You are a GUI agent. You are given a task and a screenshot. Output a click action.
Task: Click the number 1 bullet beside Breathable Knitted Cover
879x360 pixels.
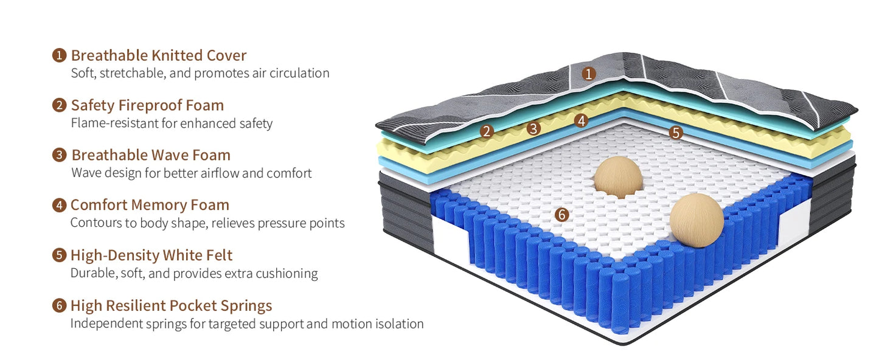click(59, 55)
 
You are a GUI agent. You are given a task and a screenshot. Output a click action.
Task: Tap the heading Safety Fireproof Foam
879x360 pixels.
click(147, 105)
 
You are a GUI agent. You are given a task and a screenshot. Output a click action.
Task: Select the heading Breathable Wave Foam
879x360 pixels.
click(151, 155)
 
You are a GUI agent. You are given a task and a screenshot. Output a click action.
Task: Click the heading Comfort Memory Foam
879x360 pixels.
click(150, 205)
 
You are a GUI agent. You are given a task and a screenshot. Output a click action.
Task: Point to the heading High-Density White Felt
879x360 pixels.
click(151, 255)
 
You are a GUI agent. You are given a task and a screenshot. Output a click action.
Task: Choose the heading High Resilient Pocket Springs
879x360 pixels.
click(171, 305)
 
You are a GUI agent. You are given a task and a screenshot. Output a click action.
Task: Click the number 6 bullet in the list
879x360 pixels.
click(59, 305)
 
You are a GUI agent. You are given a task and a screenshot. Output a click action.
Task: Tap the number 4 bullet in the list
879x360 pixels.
click(59, 205)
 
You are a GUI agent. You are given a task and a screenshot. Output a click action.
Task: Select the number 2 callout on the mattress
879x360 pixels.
click(485, 131)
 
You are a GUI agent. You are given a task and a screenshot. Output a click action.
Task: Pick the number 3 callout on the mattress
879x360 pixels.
click(533, 128)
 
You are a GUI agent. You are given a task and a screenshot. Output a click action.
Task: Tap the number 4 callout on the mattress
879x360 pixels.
click(581, 120)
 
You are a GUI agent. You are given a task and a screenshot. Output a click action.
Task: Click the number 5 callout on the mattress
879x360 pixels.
click(676, 132)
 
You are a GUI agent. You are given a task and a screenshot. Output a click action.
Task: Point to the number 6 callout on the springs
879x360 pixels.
click(561, 215)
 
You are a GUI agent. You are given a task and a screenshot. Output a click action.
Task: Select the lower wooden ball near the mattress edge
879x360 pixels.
click(697, 220)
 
